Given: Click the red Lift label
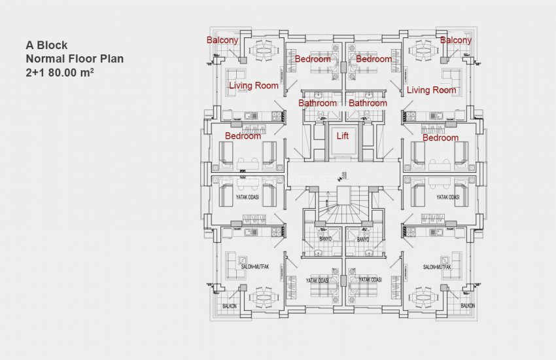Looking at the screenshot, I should click(342, 136).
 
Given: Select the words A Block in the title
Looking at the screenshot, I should click(46, 46).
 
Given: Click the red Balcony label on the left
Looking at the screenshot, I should click(222, 40).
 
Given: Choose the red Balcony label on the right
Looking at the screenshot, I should click(455, 40).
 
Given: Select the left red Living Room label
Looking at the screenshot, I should click(253, 86).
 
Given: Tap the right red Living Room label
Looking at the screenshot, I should click(431, 90).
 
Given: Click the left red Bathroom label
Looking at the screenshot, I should click(317, 103).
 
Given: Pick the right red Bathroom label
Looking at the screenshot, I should click(368, 103).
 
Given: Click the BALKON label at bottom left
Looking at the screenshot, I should click(229, 306).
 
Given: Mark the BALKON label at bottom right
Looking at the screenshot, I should click(467, 306).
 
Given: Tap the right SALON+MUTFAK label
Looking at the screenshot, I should click(438, 267).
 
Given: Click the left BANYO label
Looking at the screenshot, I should click(326, 240).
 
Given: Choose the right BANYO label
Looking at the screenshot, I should click(363, 240).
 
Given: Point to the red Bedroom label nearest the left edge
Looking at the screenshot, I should click(243, 136).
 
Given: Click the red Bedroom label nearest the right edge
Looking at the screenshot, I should click(440, 138).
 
